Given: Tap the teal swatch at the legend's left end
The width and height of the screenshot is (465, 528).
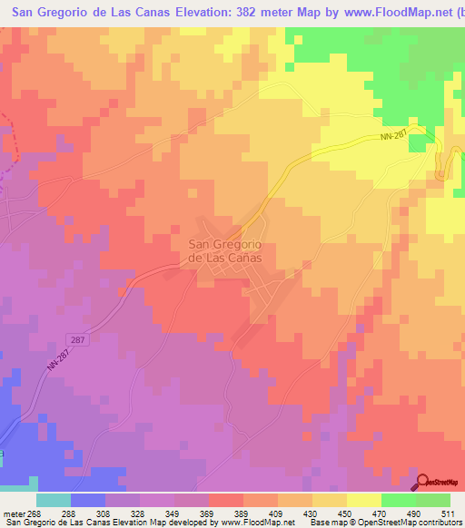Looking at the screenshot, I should click(x=54, y=500).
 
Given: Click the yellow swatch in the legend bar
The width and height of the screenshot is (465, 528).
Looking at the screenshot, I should click(x=364, y=500).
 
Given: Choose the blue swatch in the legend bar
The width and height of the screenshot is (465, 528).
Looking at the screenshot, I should click(x=88, y=500).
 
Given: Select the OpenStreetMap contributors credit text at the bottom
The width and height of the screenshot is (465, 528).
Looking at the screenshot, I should click(x=420, y=523).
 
